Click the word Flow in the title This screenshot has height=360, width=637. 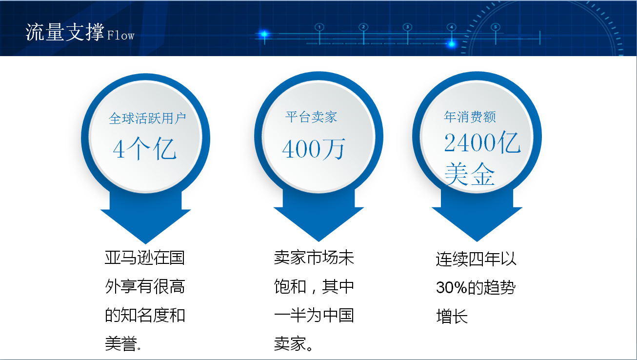[120, 35]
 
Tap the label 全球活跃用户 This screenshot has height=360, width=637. [147, 118]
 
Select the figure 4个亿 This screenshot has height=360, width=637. [144, 149]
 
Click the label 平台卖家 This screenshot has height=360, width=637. [311, 117]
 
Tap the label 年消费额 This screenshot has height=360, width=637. [470, 117]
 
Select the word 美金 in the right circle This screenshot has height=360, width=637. [470, 174]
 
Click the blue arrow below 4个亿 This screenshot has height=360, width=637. [145, 217]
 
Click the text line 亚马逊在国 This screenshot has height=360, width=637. [145, 258]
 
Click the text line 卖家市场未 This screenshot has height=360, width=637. [314, 258]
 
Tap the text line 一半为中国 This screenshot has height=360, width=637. [314, 315]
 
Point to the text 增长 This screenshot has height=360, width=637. [452, 316]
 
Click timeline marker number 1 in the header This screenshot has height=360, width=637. [319, 27]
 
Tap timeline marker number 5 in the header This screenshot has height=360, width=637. [496, 27]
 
